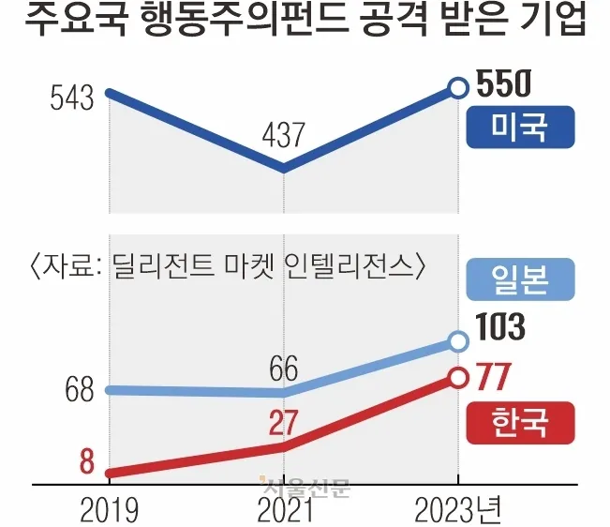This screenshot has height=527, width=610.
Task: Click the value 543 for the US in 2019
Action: [x=73, y=97]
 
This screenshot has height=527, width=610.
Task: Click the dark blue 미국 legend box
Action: [x=519, y=127]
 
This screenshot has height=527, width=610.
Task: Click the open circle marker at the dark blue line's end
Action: [x=457, y=88]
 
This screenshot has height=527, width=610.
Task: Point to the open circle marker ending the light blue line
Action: [x=457, y=341]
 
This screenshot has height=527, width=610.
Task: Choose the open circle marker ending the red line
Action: [x=457, y=377]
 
